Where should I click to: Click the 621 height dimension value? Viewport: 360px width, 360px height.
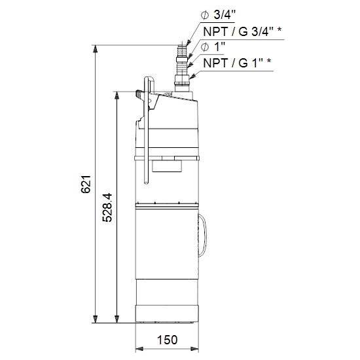(x=86, y=184)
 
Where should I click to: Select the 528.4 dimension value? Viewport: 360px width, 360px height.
(x=107, y=207)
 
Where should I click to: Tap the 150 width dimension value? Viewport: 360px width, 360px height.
(x=167, y=340)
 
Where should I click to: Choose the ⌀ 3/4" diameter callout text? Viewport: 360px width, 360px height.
(x=219, y=15)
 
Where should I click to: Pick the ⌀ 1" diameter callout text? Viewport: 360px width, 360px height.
(x=213, y=47)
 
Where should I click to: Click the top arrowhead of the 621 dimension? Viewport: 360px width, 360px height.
(x=95, y=49)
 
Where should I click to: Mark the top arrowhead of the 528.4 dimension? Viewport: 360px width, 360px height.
(x=117, y=96)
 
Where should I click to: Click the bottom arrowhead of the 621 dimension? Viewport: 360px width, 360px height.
(x=95, y=319)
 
